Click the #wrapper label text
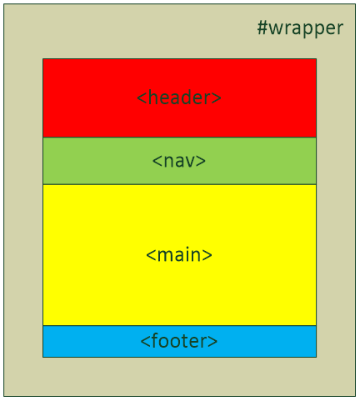pos(300,28)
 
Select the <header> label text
pos(179,98)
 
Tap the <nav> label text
pos(179,161)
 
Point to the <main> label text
pos(179,254)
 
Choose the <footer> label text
pos(179,341)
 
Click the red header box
pos(179,98)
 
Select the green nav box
pos(179,161)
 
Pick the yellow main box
pos(179,255)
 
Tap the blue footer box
pos(179,342)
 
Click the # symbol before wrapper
pos(262,28)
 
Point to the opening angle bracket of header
pos(142,98)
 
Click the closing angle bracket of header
pos(217,98)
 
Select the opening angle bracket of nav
pos(157,161)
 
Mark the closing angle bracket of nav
pos(201,161)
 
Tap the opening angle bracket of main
pos(151,255)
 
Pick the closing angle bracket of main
pos(207,255)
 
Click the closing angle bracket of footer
pos(213,342)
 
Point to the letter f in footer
pos(155,340)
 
